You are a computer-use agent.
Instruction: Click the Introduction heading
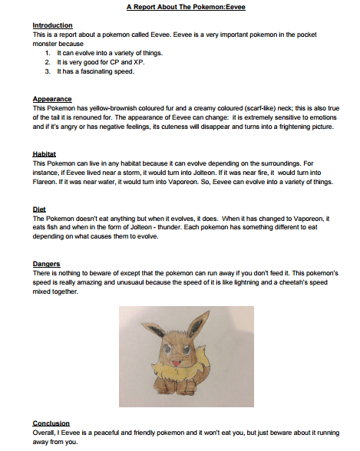(x=52, y=25)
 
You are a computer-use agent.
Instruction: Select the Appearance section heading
(x=52, y=99)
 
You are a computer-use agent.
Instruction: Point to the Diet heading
(x=39, y=209)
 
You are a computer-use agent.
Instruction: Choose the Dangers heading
(x=47, y=263)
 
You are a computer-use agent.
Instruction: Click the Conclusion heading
(x=51, y=423)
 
